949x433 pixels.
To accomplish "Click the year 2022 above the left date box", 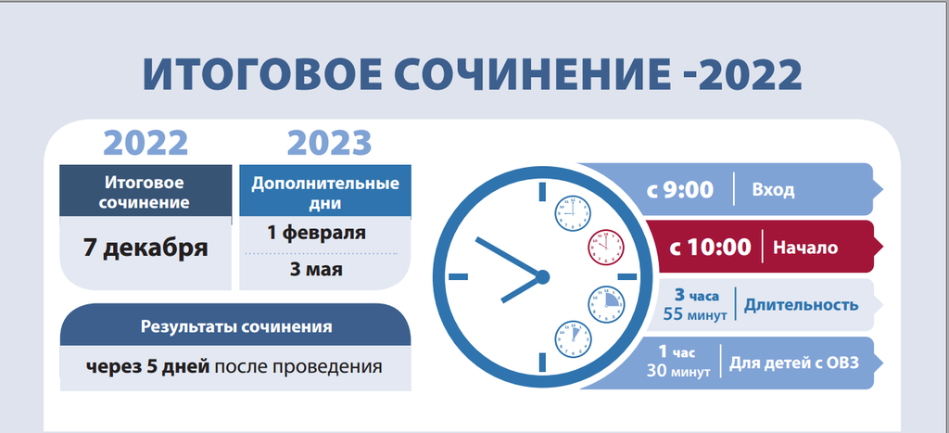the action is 146,143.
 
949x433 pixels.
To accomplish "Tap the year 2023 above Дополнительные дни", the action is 329,143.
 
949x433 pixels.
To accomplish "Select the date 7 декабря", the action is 146,248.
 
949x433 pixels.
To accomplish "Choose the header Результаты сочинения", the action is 236,327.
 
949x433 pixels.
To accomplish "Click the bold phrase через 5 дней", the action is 147,367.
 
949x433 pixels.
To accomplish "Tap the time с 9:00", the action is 680,190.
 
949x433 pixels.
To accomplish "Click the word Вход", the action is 773,190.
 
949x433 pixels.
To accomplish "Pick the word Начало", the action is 805,248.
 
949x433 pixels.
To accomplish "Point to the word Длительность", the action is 801,305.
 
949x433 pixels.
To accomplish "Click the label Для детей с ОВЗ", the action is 793,363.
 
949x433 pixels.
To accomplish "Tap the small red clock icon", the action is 606,247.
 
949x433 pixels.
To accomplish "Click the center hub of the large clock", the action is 542,276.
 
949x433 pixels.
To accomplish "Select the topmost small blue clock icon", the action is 573,213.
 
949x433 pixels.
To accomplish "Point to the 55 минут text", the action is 694,314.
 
